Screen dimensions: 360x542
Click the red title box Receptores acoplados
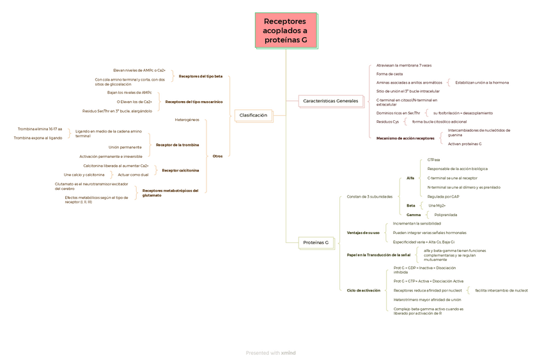(285, 31)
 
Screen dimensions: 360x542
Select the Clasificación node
(253, 115)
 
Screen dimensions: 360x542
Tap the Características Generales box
(330, 101)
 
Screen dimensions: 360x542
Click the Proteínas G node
(316, 242)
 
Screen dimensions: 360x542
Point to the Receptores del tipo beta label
(201, 76)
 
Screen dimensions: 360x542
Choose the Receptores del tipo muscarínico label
(194, 102)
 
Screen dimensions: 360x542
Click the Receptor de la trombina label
(177, 145)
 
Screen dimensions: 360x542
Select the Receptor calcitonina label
(180, 170)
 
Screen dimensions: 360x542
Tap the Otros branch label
(217, 156)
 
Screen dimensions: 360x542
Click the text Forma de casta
(389, 74)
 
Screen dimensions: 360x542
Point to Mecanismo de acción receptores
(405, 138)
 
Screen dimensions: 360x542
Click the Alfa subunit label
(410, 178)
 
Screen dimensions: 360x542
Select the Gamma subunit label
(414, 215)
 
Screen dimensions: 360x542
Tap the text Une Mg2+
(437, 205)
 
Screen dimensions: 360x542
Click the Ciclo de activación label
(364, 290)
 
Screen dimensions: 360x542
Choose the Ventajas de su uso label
(363, 233)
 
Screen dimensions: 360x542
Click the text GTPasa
(433, 159)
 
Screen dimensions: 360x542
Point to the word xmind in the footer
(288, 353)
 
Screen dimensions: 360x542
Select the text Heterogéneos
(187, 120)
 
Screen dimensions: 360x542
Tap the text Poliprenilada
(445, 215)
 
